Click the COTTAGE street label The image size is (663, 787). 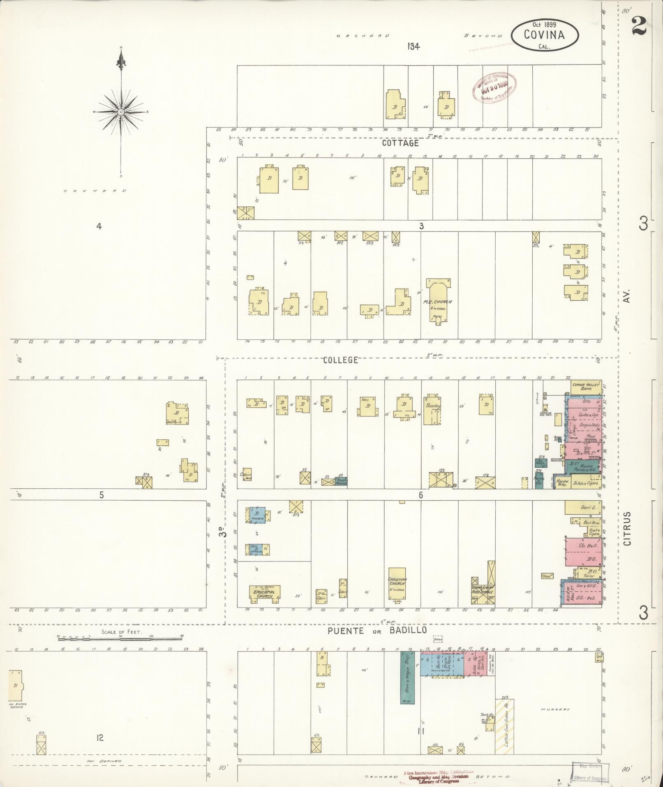(x=400, y=143)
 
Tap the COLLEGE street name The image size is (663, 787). (x=340, y=360)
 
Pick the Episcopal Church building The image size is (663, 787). (x=265, y=592)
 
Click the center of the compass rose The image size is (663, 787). (x=121, y=112)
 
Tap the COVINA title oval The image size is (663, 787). (x=545, y=35)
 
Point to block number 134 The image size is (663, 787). (x=414, y=46)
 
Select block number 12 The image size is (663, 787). (x=99, y=738)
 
